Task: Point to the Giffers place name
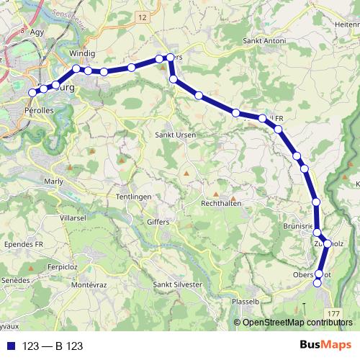coord(157,222)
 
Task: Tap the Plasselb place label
coord(246,302)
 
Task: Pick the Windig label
coord(83,54)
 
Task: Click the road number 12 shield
coord(143,17)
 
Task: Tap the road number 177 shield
coord(332,315)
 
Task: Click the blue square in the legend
coord(10,346)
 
